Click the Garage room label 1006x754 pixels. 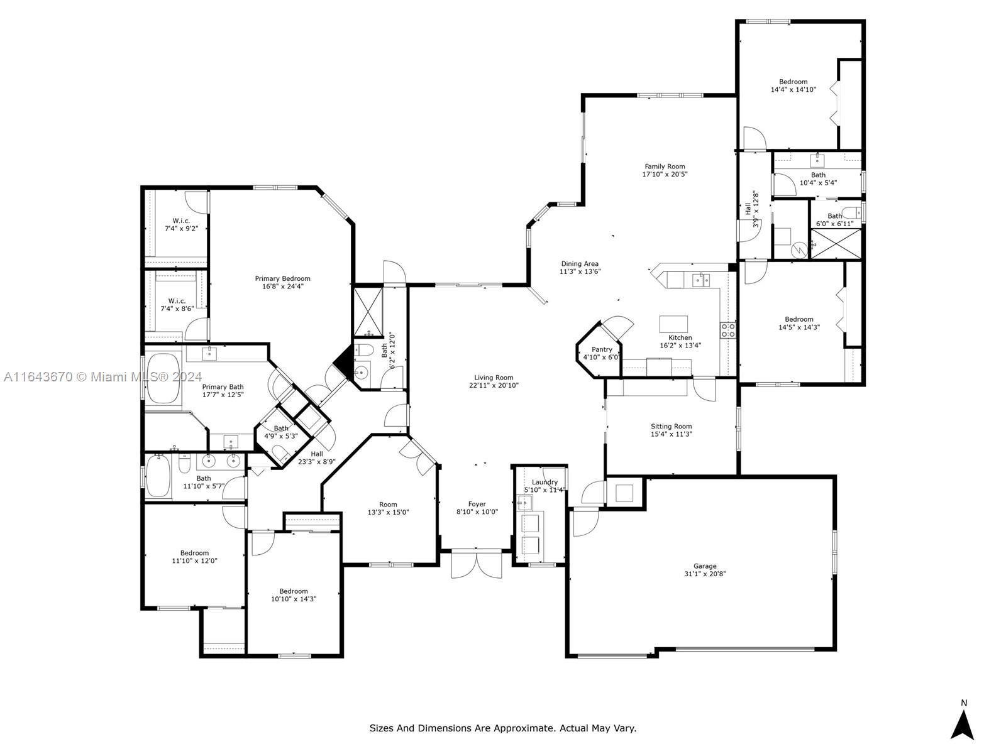(x=704, y=566)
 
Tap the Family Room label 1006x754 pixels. (x=665, y=167)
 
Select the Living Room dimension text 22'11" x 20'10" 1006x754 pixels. (x=494, y=385)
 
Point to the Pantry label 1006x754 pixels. (x=602, y=349)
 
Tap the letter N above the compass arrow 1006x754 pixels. (x=964, y=702)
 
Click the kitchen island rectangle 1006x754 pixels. (x=673, y=324)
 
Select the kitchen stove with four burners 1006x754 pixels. (x=728, y=330)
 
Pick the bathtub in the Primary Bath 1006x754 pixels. (x=163, y=378)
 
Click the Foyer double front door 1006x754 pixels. (x=476, y=565)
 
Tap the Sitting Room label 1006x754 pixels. (x=671, y=426)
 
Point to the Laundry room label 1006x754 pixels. (x=544, y=482)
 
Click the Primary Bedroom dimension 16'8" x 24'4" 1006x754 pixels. (x=282, y=287)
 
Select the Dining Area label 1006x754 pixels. (x=580, y=264)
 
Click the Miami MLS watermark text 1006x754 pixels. (x=102, y=377)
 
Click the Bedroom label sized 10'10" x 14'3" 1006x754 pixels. (x=294, y=591)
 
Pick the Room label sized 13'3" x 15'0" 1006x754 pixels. (x=388, y=505)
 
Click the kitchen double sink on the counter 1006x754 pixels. (x=701, y=279)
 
